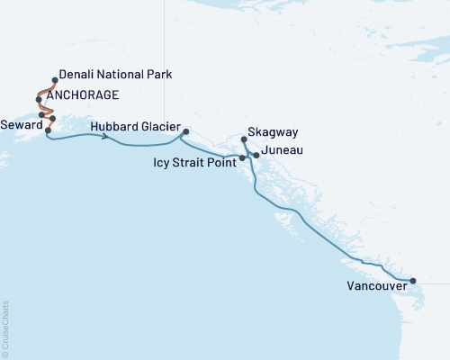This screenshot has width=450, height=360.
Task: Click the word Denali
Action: [x=76, y=74]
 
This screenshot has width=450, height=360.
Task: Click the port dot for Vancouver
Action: [x=413, y=282]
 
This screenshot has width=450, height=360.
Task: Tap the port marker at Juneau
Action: [x=256, y=156]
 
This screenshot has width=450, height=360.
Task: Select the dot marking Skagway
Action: [x=245, y=139]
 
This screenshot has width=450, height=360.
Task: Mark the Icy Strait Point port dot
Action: [x=242, y=158]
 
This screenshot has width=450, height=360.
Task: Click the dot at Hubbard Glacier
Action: [x=185, y=132]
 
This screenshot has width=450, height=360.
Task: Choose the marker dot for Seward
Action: [x=48, y=130]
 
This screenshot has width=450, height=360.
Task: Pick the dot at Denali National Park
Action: [x=56, y=80]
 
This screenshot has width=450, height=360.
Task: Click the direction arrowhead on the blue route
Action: [x=107, y=137]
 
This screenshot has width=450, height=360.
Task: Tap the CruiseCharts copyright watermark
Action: [x=5, y=328]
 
